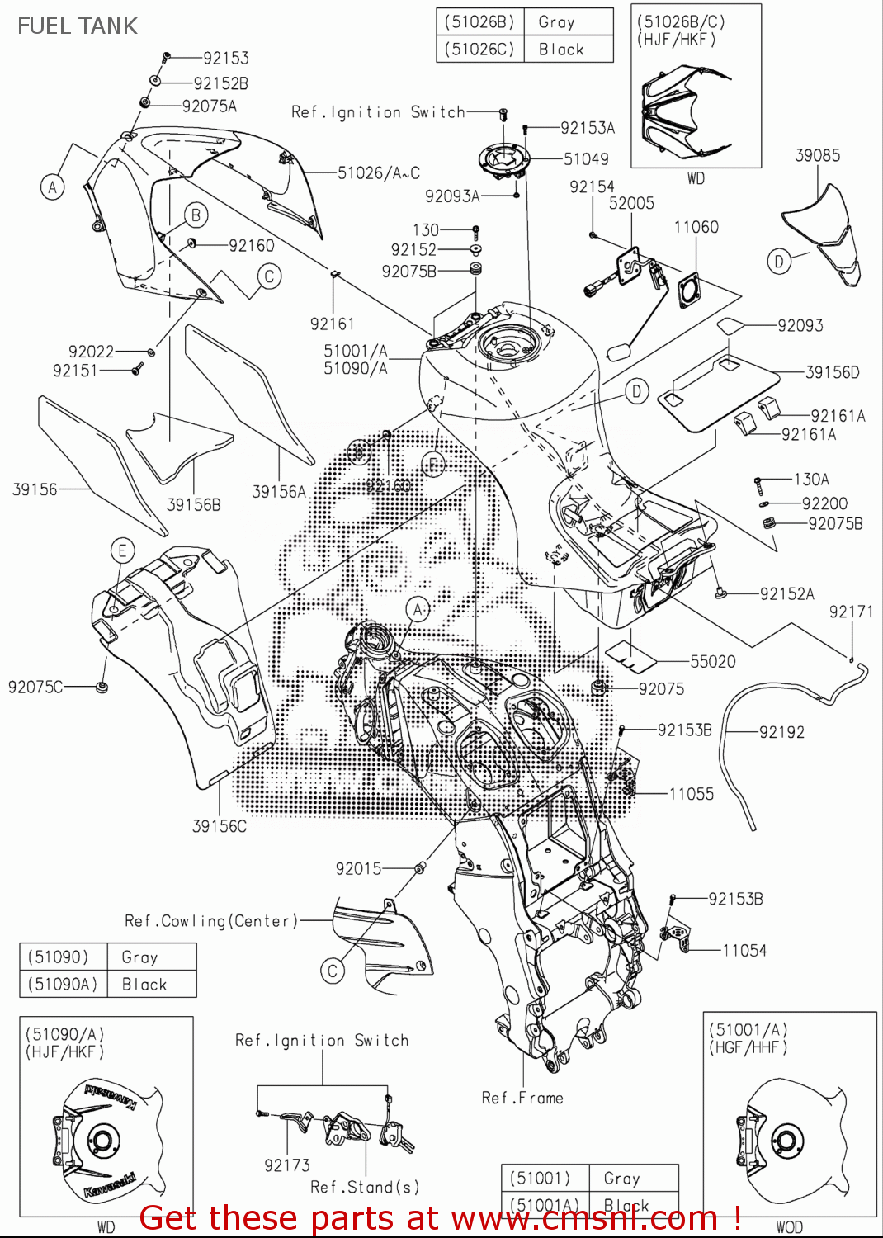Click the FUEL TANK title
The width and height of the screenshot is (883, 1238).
[x=78, y=26]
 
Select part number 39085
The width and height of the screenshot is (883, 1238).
[x=817, y=155]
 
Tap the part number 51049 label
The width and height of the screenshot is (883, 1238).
[x=586, y=158]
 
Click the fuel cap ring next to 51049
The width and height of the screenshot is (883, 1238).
[x=503, y=158]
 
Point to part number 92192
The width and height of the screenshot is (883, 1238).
[x=781, y=732]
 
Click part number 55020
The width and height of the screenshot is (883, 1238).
[x=713, y=661]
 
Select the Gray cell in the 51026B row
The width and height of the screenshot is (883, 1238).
[x=556, y=22]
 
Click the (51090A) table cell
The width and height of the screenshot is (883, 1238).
[x=63, y=984]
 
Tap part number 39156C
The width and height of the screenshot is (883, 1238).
[x=220, y=826]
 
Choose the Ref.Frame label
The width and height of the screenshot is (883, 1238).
[x=522, y=1098]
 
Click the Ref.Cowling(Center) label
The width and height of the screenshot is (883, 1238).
[x=211, y=920]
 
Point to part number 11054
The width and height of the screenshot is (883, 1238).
[x=744, y=951]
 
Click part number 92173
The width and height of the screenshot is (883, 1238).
[x=287, y=1165]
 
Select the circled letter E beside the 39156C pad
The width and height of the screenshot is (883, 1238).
[x=122, y=550]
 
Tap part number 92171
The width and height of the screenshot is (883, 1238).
[x=851, y=612]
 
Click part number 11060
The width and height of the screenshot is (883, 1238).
[x=696, y=227]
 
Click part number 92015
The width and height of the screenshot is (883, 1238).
[x=359, y=868]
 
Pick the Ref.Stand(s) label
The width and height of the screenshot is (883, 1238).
[x=365, y=1187]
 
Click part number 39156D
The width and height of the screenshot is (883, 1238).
[x=832, y=372]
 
